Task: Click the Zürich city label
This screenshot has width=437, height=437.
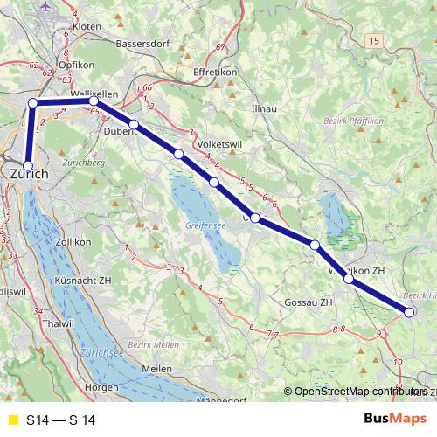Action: [x=29, y=175]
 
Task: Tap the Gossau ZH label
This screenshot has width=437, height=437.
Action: [x=309, y=302]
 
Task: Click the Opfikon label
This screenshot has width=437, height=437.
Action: [x=70, y=65]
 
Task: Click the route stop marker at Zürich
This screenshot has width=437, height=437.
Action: [x=28, y=165]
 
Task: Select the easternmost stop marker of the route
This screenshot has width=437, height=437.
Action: [x=410, y=312]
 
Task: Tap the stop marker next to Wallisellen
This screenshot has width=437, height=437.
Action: [x=94, y=102]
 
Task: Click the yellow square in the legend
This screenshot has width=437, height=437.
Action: [x=11, y=420]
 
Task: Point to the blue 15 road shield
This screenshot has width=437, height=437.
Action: [x=376, y=41]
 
